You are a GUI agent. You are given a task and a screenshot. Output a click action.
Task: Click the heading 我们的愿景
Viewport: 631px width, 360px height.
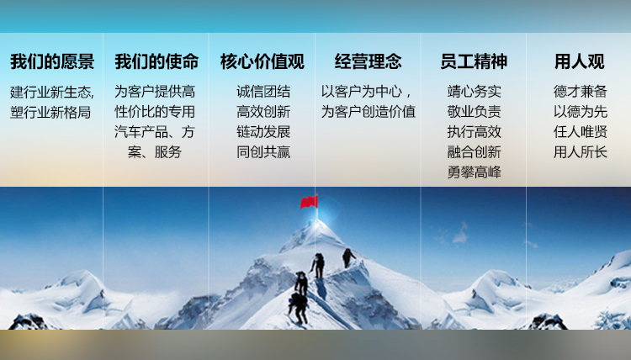pos(52,61)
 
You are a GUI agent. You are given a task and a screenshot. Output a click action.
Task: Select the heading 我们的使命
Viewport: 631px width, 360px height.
pos(156,61)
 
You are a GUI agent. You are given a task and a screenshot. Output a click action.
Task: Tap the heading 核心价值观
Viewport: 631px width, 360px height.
pos(262,61)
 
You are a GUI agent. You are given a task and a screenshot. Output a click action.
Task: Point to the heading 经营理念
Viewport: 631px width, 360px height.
pos(369,61)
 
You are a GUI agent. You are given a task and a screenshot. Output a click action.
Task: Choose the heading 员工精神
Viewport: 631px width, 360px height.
pos(474,61)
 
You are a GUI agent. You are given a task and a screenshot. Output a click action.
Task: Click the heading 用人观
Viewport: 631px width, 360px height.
pos(580,61)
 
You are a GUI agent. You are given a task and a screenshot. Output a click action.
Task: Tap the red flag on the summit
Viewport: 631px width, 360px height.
pos(309,202)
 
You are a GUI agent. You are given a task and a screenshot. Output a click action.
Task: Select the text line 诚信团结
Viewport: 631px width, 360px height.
pos(263,92)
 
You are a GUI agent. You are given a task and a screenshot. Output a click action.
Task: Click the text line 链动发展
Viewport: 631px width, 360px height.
pos(263,132)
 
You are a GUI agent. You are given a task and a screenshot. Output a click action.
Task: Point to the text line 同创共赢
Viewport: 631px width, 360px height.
pos(263,152)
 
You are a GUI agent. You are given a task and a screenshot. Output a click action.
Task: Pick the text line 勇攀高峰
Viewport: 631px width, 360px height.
pos(474,172)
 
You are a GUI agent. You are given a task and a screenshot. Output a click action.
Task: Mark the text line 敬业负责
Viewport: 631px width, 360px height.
pos(474,112)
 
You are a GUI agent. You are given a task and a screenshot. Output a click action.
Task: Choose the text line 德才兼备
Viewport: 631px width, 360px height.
pos(580,92)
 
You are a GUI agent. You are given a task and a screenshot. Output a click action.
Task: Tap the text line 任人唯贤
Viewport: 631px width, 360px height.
pos(580,132)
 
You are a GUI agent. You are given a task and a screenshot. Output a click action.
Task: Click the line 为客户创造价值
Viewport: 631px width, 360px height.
pos(369,112)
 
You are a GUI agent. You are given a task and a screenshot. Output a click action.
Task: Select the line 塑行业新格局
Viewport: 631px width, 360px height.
pos(50,112)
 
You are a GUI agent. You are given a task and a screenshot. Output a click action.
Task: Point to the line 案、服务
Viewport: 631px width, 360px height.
pos(155,152)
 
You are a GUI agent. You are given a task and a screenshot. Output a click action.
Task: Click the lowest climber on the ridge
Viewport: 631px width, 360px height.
pos(298,308)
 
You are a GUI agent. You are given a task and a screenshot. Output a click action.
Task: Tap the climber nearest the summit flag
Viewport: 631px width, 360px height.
pos(348,258)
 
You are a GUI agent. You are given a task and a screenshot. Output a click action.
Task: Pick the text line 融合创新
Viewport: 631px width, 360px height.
pos(474,152)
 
